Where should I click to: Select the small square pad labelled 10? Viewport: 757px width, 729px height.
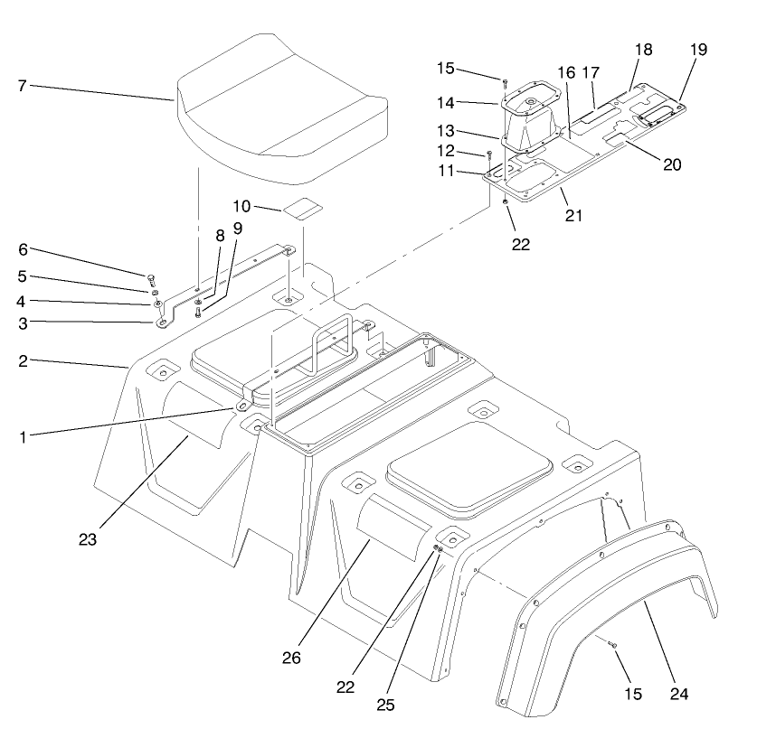(x=303, y=210)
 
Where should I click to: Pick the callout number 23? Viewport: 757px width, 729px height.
(x=86, y=539)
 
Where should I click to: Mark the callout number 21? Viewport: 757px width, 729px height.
(x=573, y=215)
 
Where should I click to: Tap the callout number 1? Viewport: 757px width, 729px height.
(x=23, y=436)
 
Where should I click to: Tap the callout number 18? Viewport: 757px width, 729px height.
(x=643, y=50)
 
